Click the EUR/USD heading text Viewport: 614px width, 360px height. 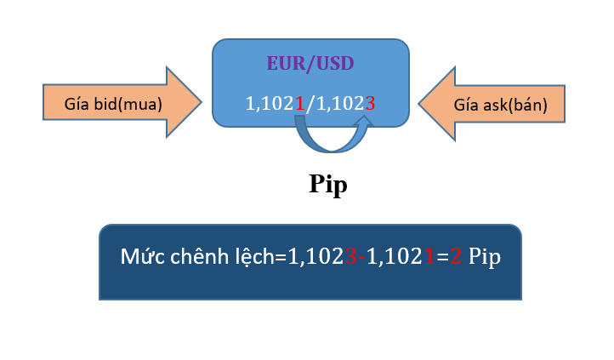pyautogui.click(x=310, y=64)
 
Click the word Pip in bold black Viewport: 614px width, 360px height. pyautogui.click(x=327, y=185)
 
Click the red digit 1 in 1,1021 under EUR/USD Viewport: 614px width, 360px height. pyautogui.click(x=298, y=104)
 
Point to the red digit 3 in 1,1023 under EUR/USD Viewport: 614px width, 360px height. pyautogui.click(x=370, y=104)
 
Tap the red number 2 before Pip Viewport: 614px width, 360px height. pyautogui.click(x=456, y=256)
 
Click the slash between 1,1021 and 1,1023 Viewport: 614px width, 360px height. pyautogui.click(x=310, y=104)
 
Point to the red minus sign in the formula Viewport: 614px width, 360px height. pyautogui.click(x=361, y=257)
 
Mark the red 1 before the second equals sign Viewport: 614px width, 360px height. pyautogui.click(x=429, y=256)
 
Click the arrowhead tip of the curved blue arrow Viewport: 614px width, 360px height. pyautogui.click(x=365, y=122)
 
